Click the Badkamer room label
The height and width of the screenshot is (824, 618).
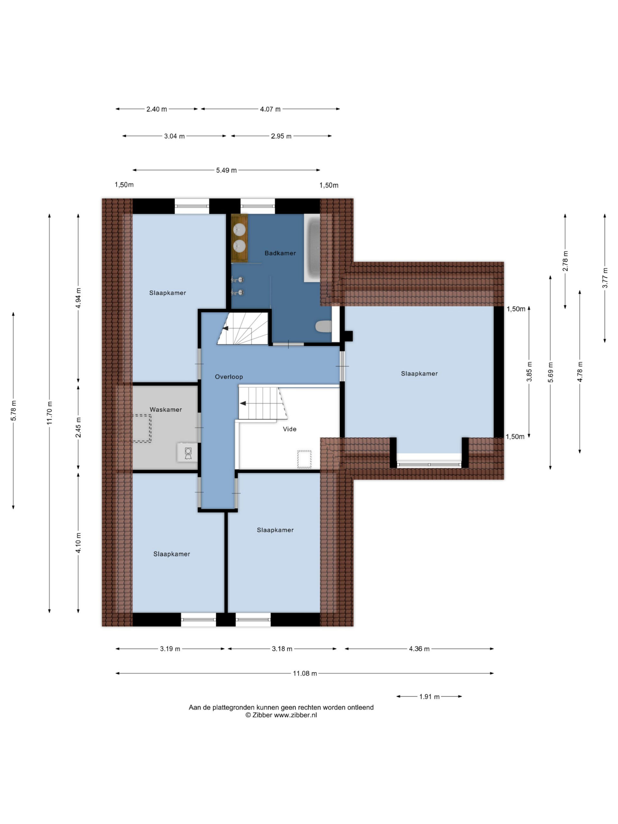pos(280,253)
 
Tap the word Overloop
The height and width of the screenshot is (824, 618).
pos(229,377)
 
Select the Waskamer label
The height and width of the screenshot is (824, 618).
pos(166,409)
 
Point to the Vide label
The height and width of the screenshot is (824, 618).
pos(289,429)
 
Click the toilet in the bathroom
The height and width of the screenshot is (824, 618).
pos(323,326)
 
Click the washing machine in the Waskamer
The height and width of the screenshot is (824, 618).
pos(188,452)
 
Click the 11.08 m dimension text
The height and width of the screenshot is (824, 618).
pos(305,673)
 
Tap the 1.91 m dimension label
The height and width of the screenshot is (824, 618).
pos(429,696)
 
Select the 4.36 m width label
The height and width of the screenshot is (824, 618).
pos(419,649)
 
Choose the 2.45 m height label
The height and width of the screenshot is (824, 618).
pos(78,428)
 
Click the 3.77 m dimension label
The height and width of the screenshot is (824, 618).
pos(605,278)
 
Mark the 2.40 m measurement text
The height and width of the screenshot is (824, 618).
pos(156,109)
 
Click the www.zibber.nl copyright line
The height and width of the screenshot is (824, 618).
pos(281,715)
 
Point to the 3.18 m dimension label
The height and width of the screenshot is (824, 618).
pos(282,649)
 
